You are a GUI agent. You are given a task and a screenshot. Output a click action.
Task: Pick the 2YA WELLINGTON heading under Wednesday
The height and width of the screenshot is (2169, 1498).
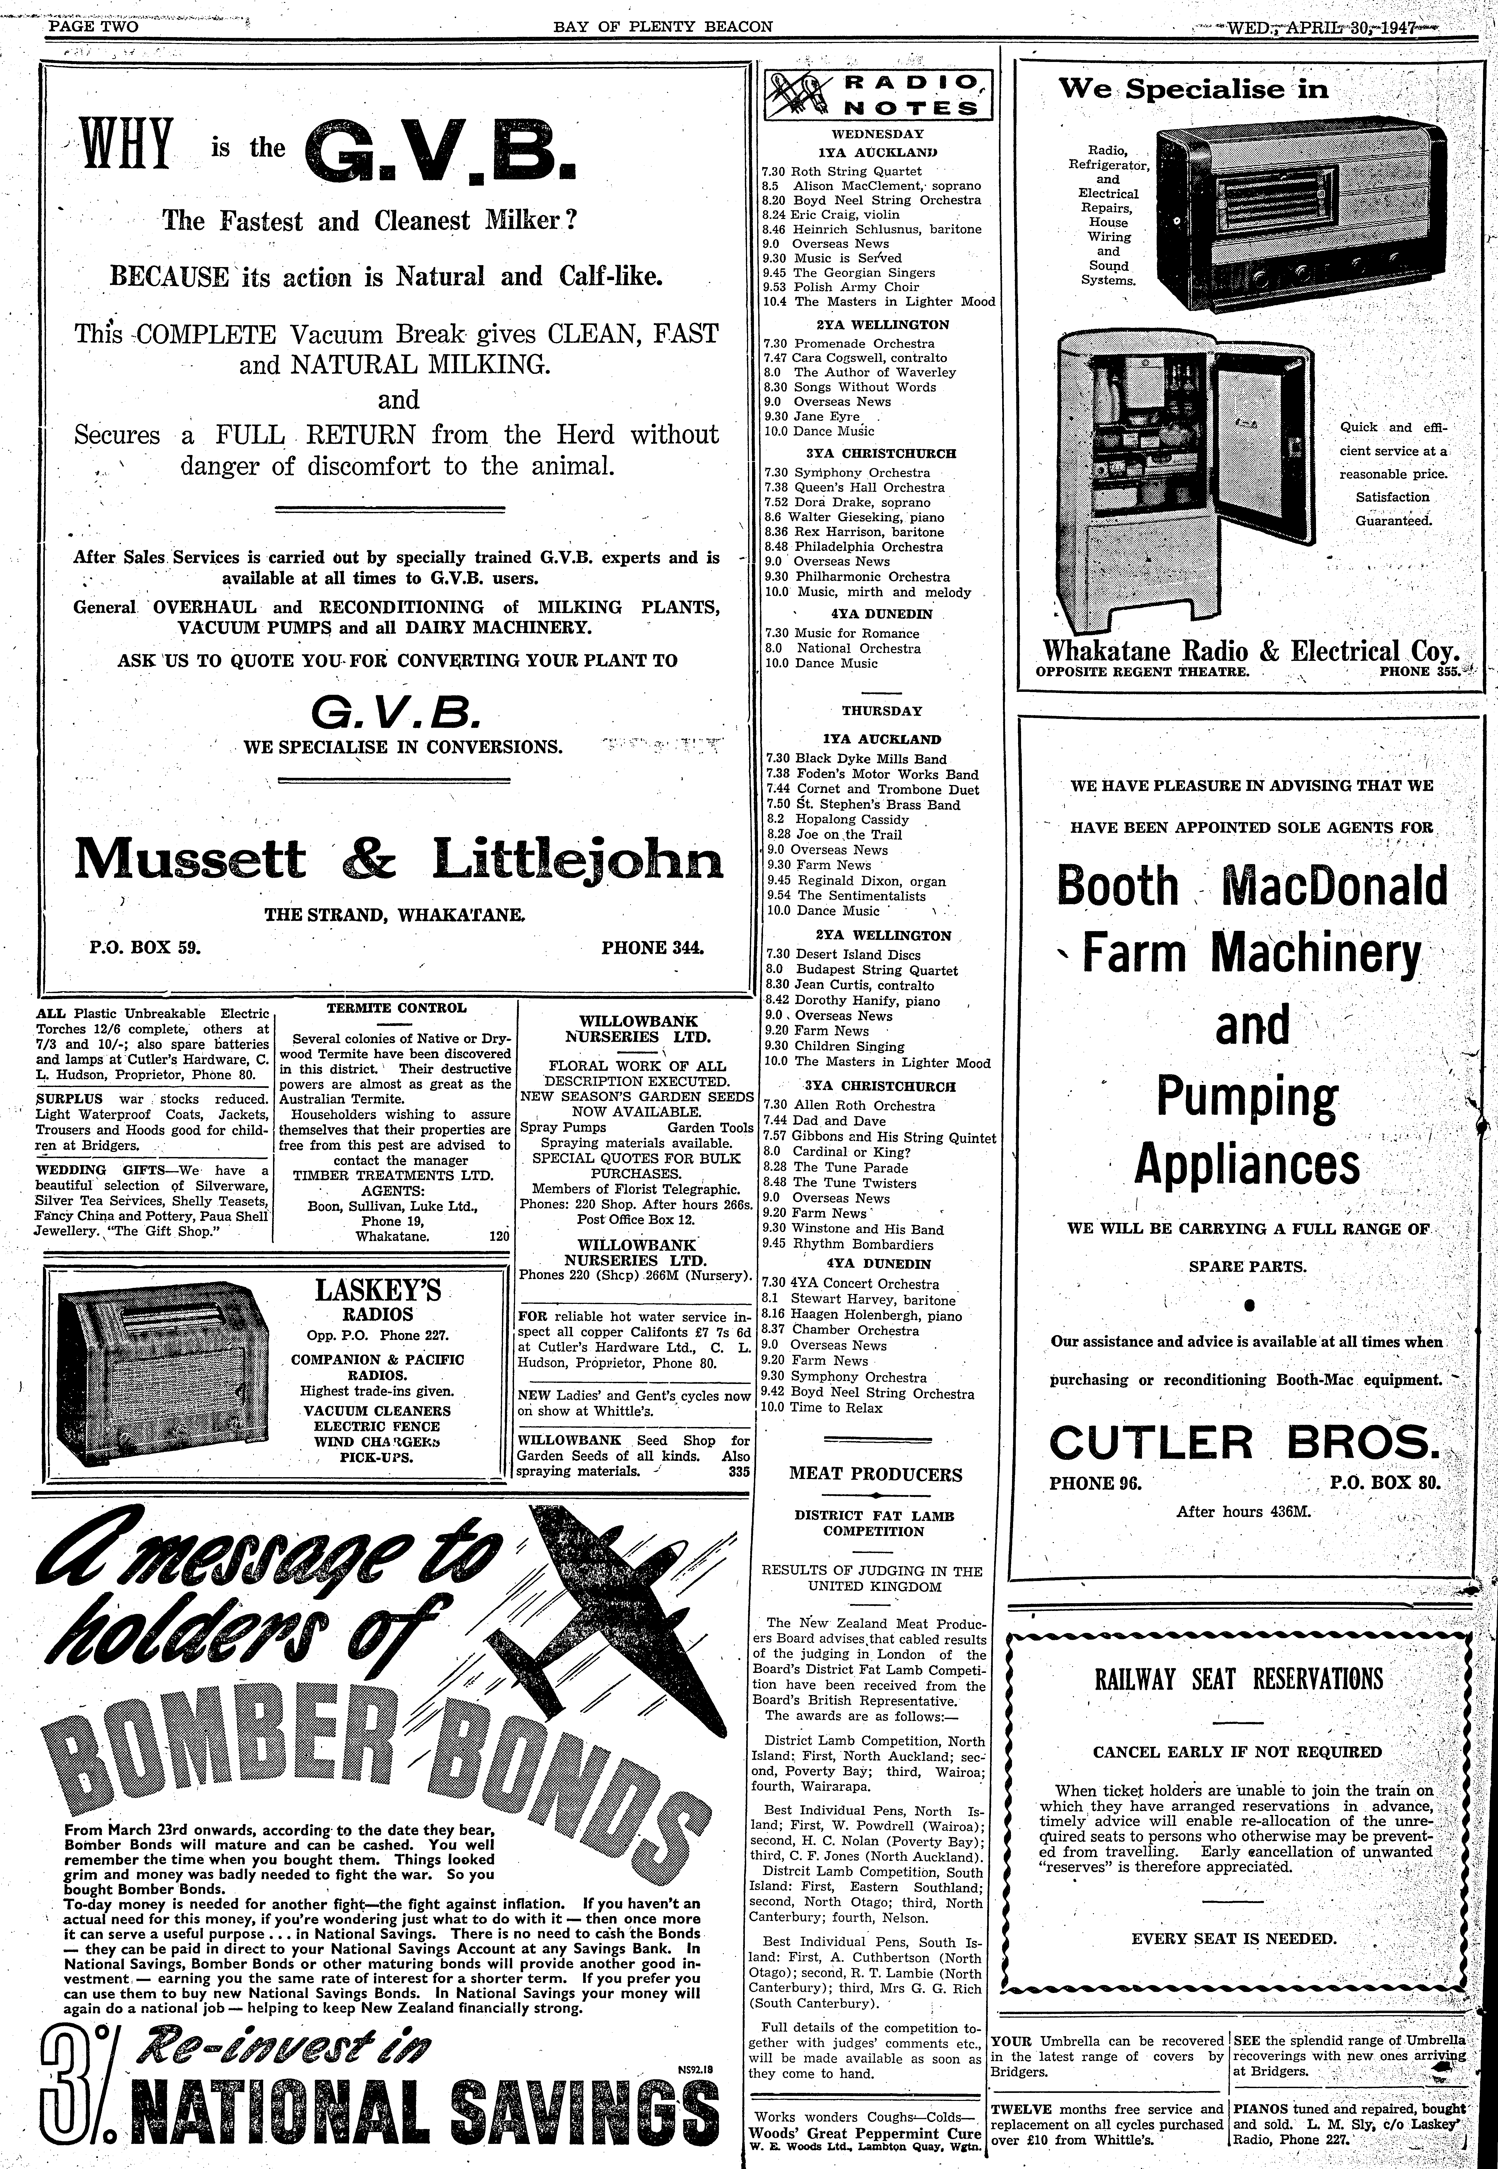(x=882, y=324)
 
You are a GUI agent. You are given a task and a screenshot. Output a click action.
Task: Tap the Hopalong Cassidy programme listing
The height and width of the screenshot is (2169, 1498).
(x=838, y=819)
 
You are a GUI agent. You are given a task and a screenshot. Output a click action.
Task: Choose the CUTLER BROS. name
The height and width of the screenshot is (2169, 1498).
(x=1244, y=1441)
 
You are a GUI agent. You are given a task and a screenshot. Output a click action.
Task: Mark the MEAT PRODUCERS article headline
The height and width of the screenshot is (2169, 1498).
(x=875, y=1474)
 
